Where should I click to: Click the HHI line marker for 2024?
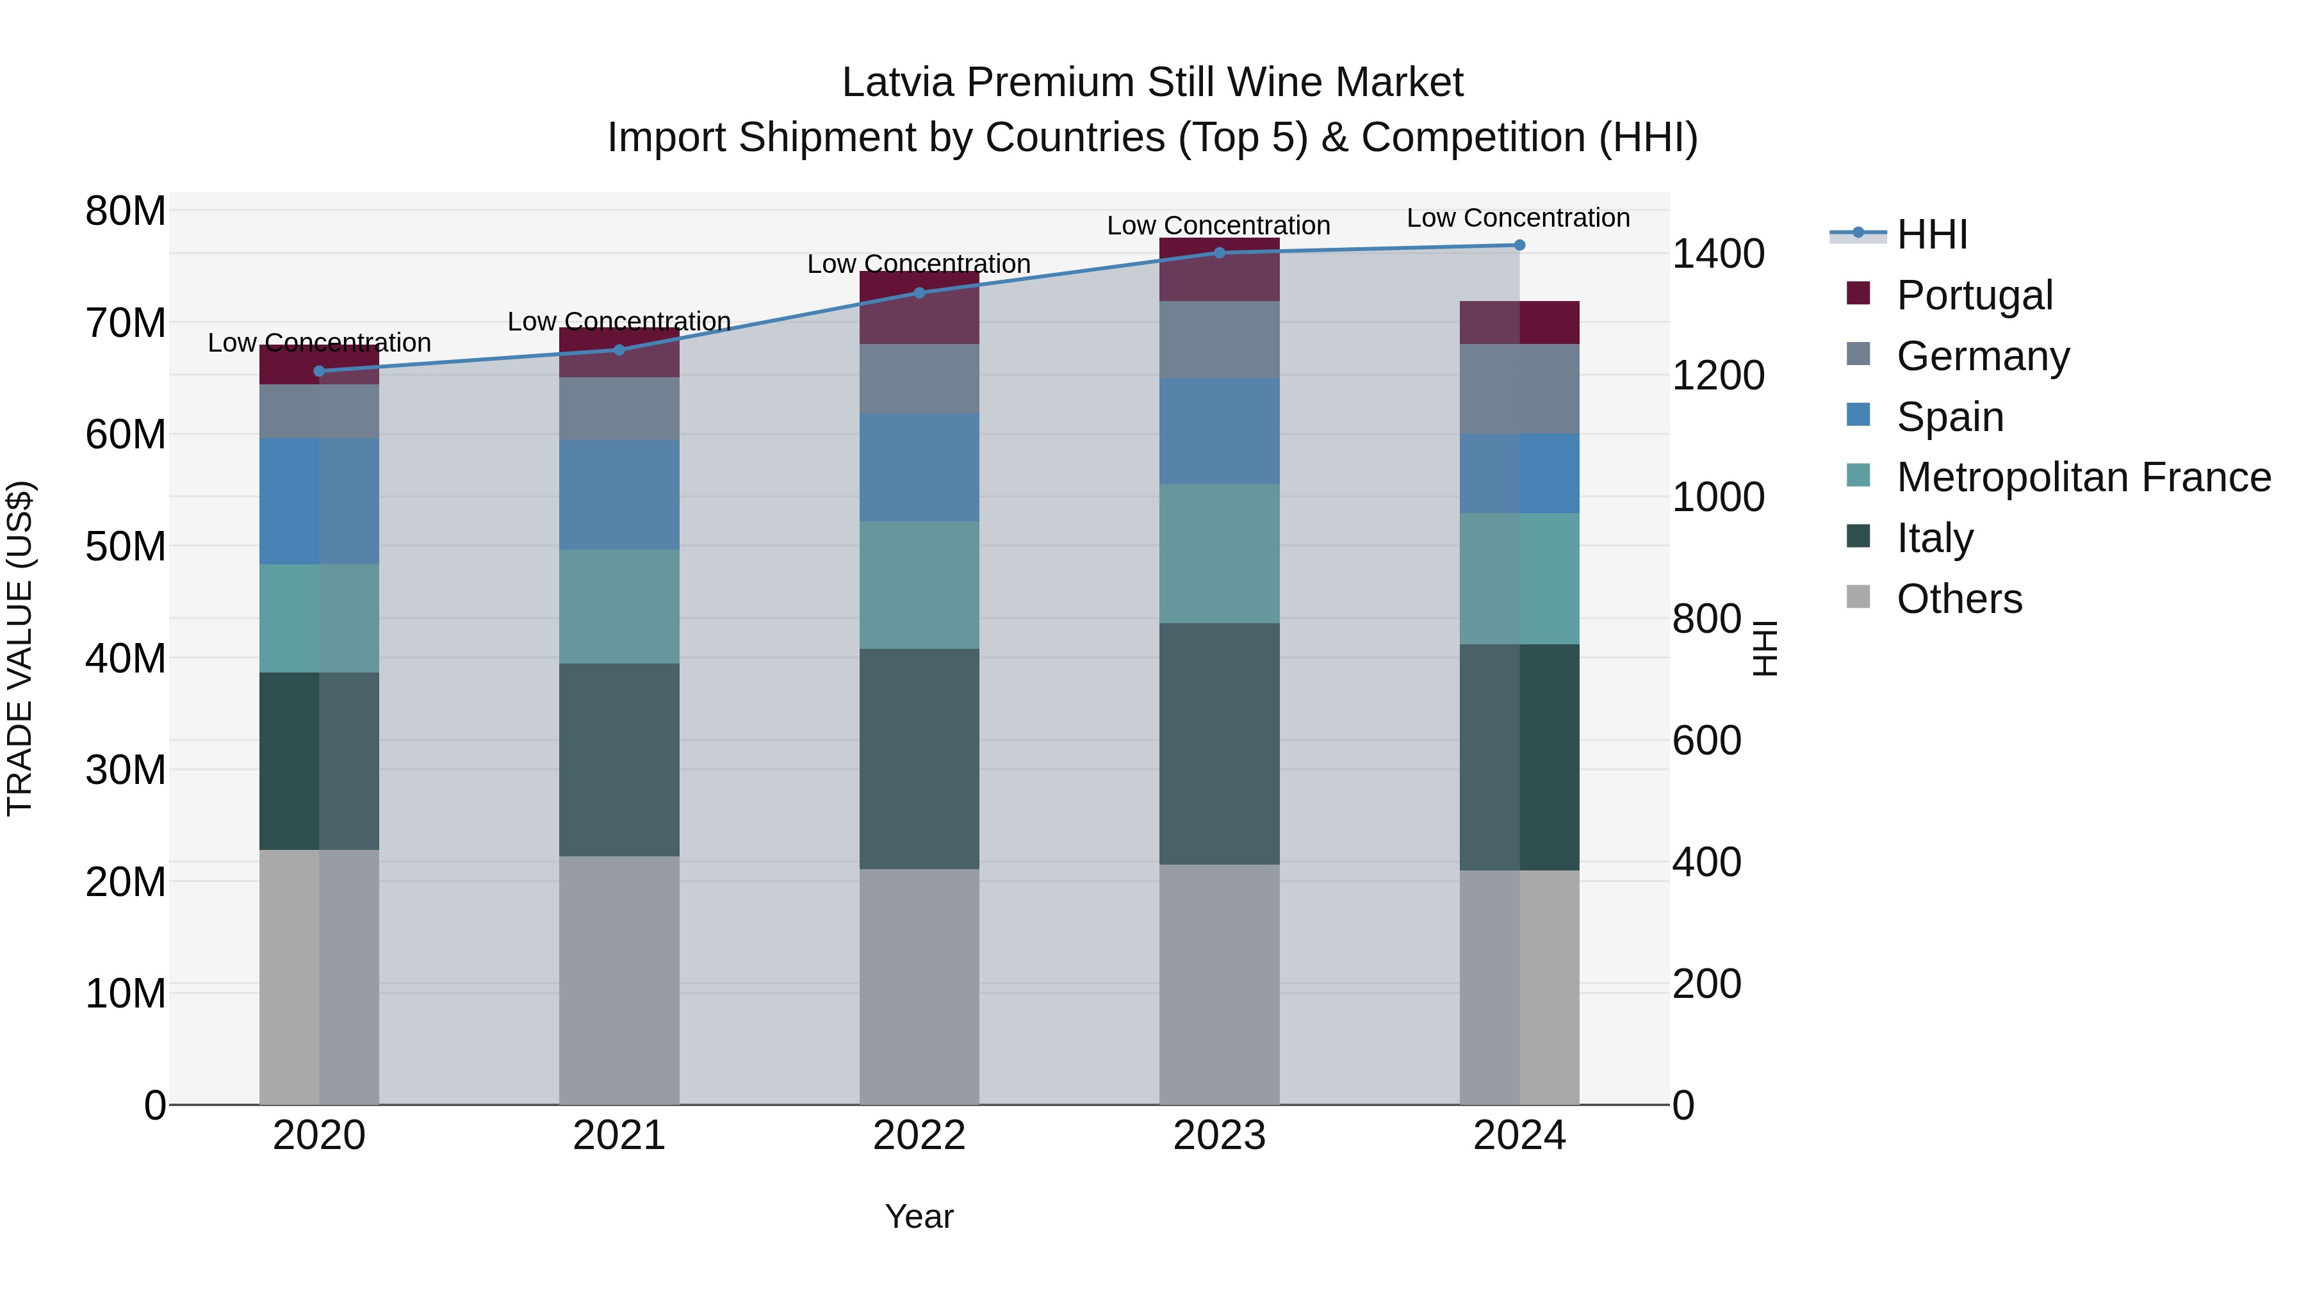click(x=1519, y=245)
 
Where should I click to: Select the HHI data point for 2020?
click(x=319, y=371)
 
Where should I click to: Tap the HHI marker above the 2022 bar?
click(x=919, y=292)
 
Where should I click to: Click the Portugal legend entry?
click(x=1974, y=295)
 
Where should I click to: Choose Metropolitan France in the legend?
click(x=2083, y=477)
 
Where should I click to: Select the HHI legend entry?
click(x=1931, y=234)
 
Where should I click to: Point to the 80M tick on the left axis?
click(x=126, y=211)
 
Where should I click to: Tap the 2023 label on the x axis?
click(x=1218, y=1136)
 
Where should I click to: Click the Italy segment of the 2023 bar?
click(x=1218, y=743)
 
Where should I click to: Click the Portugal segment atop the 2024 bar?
click(x=1519, y=322)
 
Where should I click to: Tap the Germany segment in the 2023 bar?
click(x=1218, y=339)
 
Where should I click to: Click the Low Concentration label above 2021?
click(x=619, y=322)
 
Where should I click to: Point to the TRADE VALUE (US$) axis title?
click(x=20, y=648)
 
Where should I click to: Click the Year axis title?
click(x=919, y=1216)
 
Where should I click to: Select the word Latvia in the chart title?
click(x=898, y=83)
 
